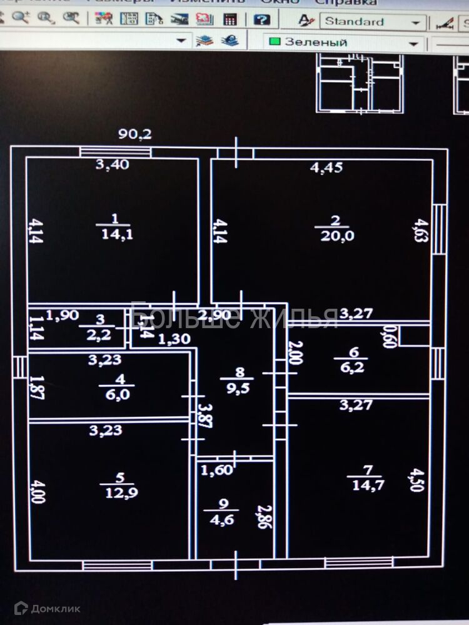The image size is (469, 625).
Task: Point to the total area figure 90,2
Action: click(135, 134)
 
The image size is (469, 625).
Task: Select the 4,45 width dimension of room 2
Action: click(326, 167)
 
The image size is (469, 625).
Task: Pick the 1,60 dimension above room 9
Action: click(216, 470)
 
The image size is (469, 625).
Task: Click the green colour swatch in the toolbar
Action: click(274, 42)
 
